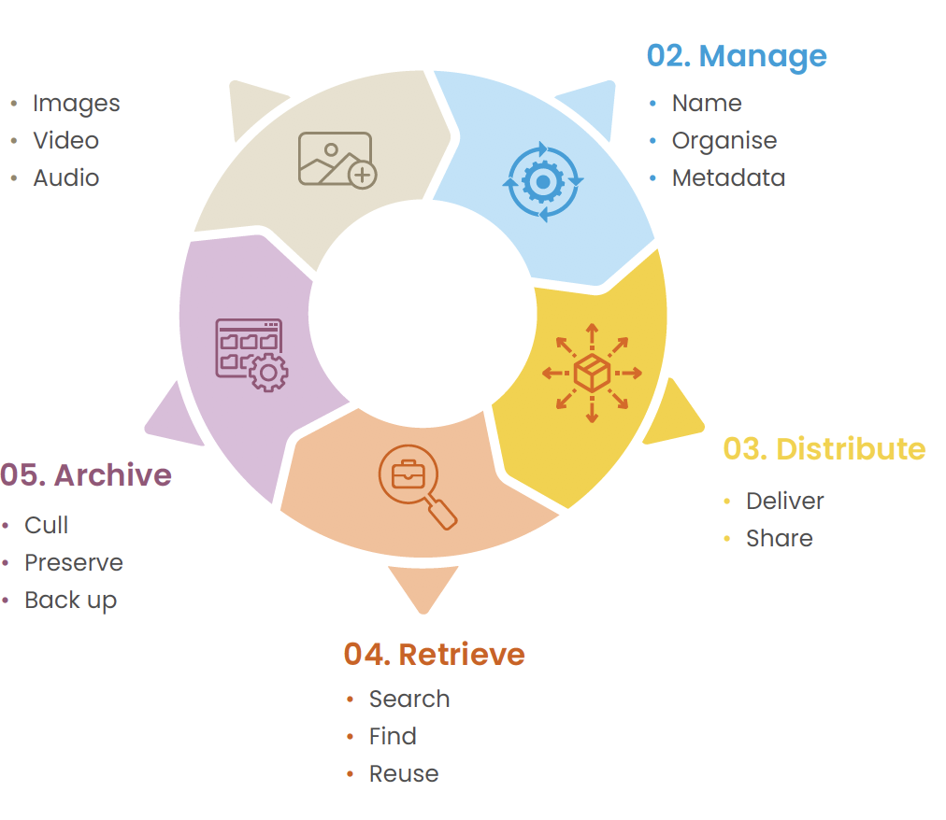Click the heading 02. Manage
737,57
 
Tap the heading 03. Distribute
824,449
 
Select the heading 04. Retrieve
435,655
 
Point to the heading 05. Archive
86,475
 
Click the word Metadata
729,177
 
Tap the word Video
66,140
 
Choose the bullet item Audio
66,177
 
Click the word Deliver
785,501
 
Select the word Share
780,539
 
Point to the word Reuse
404,773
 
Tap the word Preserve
74,562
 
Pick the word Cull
47,525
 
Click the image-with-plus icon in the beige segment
337,160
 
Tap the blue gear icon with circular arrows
543,181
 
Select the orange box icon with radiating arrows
592,374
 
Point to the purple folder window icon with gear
251,355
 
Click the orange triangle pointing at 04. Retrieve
423,587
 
